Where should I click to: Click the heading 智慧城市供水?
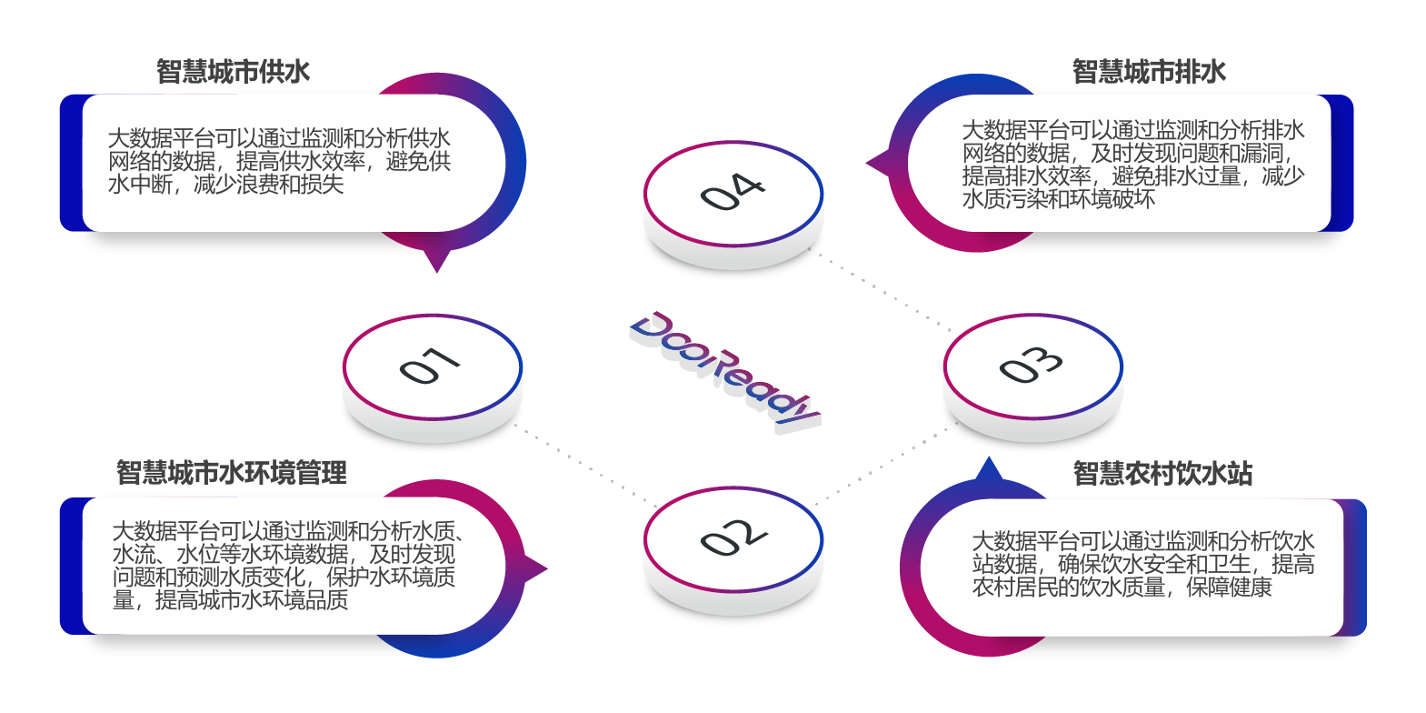tap(233, 72)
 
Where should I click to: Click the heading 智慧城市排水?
tap(1149, 72)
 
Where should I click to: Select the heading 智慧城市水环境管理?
tap(231, 473)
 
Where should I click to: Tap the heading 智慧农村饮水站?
tap(1162, 474)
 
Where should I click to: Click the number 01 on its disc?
tap(430, 366)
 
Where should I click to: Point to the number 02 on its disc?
tap(733, 537)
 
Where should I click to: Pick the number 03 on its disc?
tap(1032, 365)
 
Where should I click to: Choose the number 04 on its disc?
tap(733, 192)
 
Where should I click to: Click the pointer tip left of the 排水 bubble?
tap(869, 164)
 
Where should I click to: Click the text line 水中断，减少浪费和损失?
tap(225, 185)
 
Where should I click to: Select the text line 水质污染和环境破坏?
tap(1058, 199)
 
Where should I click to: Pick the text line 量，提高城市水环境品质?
tap(230, 600)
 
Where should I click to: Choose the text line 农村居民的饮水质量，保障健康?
tap(1122, 587)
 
